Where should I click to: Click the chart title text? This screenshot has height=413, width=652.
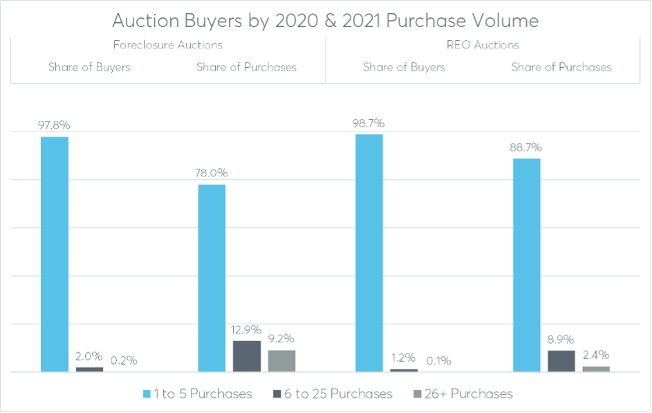(325, 21)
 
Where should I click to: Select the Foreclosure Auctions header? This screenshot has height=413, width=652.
(167, 46)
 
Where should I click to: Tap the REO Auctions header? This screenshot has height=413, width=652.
(483, 46)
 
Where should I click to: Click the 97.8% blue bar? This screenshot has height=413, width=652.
(55, 254)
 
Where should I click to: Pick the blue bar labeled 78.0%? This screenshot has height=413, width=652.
(212, 278)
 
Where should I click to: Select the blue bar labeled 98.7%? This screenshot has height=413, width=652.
(369, 253)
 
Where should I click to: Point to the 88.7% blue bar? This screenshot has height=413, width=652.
(526, 265)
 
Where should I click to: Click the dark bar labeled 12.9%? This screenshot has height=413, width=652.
(247, 356)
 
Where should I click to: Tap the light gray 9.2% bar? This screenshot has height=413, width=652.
(281, 360)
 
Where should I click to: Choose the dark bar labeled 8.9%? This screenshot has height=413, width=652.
(561, 360)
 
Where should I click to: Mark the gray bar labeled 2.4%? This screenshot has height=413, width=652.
(596, 369)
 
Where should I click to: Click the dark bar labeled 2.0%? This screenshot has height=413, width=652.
(89, 369)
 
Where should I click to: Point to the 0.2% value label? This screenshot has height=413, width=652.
(124, 360)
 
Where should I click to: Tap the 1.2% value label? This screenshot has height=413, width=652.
(403, 358)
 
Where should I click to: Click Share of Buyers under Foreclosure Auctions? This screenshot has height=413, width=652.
(89, 67)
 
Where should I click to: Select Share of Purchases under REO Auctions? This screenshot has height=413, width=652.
(561, 67)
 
